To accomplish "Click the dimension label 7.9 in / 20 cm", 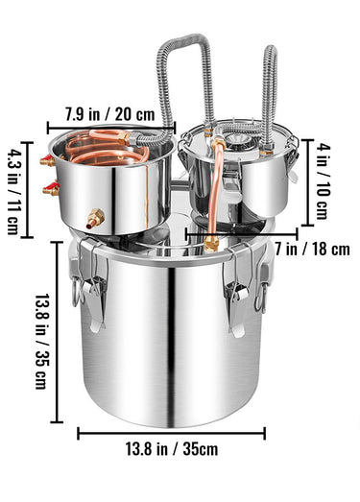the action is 109,114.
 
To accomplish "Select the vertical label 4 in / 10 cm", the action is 323,181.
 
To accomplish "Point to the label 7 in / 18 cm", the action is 312,249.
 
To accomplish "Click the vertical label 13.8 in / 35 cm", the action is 40,342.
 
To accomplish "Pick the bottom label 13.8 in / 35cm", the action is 172,449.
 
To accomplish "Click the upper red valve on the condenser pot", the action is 48,160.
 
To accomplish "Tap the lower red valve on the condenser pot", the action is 51,188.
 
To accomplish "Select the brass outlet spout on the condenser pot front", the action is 95,218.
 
